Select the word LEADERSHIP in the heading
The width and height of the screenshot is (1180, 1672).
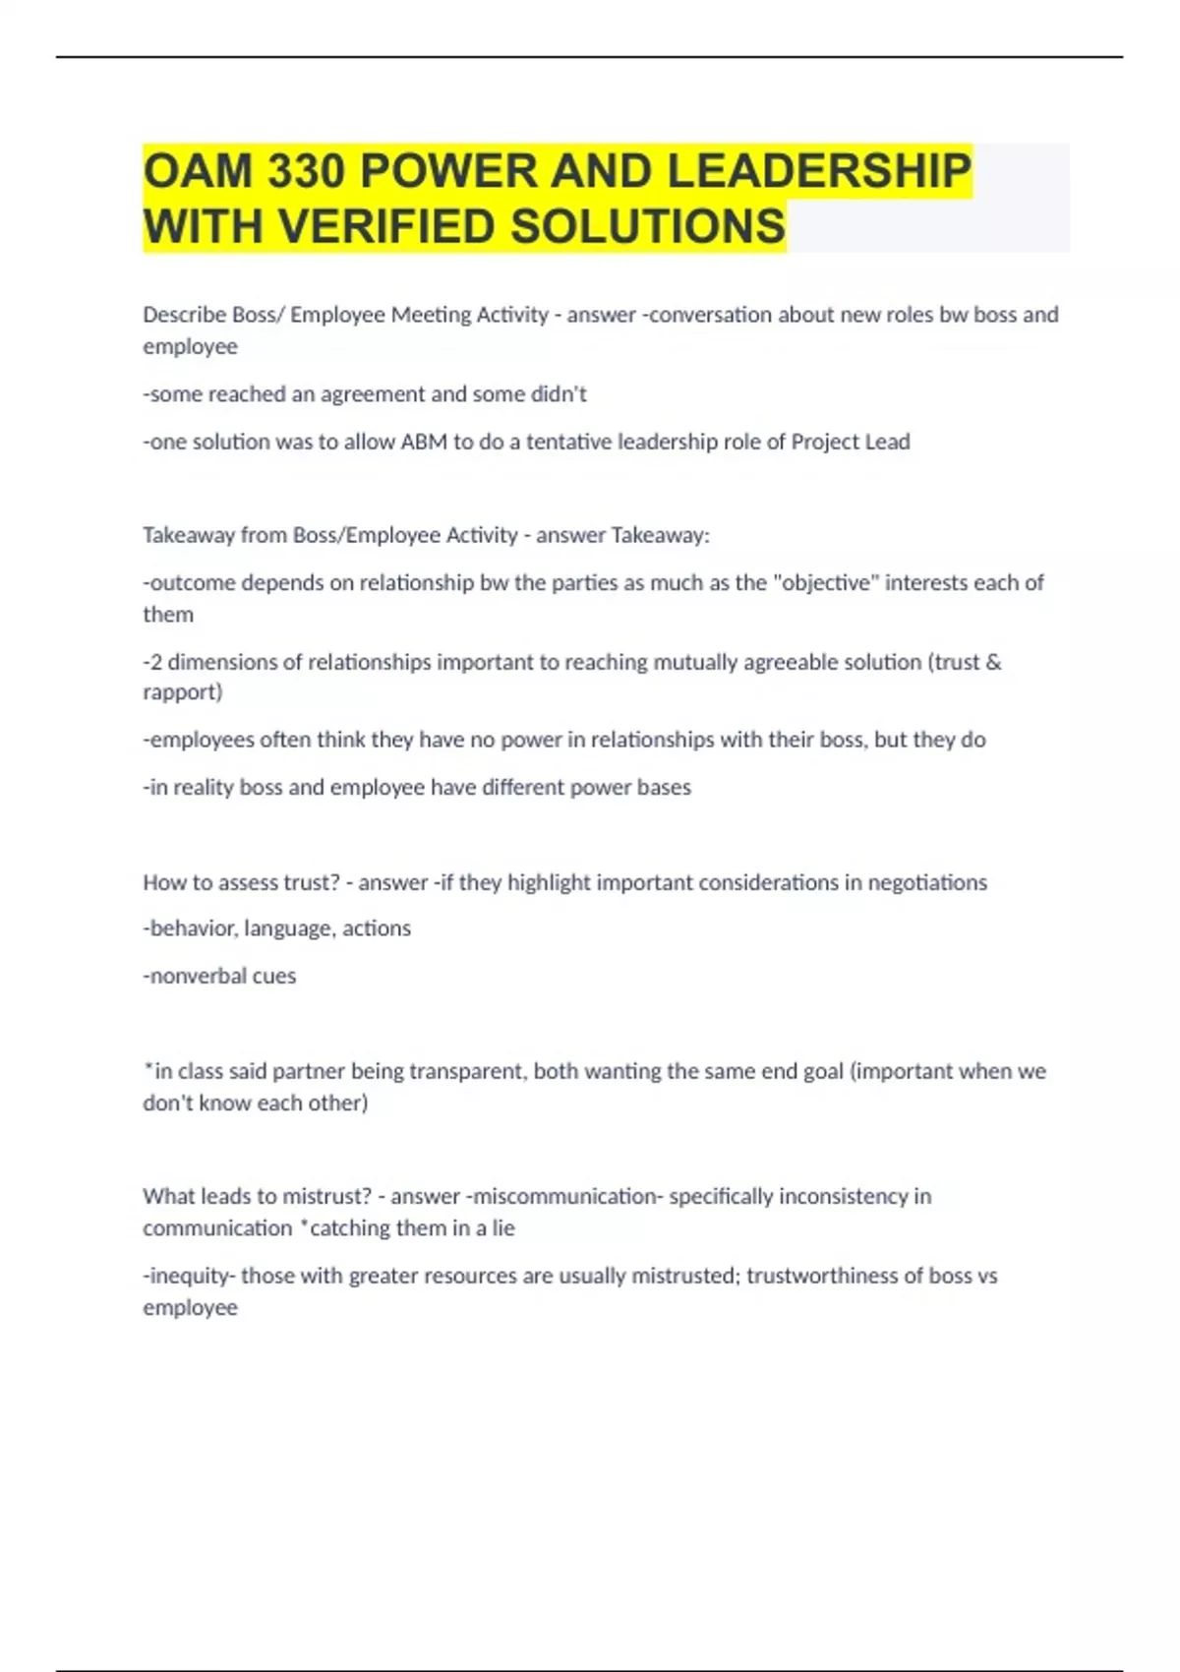tap(818, 172)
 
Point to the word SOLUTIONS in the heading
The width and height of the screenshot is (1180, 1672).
tap(648, 227)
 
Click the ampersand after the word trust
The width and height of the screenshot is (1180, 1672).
tap(993, 662)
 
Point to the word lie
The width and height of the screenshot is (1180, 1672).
tap(502, 1228)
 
